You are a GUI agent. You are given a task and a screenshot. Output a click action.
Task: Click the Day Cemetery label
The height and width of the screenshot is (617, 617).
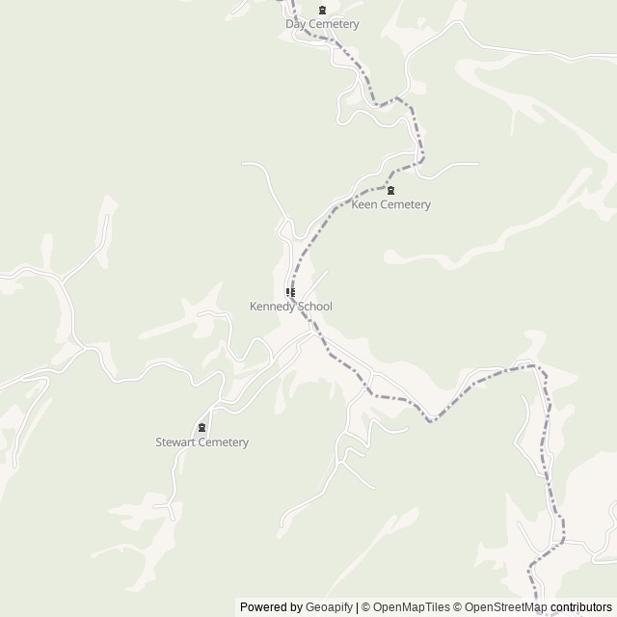322,24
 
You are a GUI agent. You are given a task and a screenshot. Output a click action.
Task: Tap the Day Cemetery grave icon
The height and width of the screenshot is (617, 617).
322,11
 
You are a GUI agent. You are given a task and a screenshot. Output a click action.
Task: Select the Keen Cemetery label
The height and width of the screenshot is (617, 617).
390,204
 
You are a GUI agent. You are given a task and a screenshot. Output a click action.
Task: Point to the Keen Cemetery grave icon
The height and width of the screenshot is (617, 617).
390,190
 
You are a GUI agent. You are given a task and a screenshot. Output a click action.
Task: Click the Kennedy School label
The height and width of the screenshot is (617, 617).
290,307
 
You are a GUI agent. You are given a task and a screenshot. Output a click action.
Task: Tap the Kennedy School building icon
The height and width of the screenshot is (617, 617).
290,292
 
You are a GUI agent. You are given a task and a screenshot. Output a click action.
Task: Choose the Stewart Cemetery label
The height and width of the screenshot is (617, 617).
201,443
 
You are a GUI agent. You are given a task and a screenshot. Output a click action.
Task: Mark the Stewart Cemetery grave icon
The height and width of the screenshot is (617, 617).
201,428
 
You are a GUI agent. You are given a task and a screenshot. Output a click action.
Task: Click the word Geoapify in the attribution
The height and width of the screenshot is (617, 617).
328,607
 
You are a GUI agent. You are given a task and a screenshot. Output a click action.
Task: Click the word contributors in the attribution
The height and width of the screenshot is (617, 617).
581,607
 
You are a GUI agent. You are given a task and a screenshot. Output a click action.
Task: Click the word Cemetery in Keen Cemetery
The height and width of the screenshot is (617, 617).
404,204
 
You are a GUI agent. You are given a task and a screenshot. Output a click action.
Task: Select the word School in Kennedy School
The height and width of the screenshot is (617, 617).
314,307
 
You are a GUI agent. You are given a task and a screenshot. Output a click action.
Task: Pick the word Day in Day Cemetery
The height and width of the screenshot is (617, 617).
295,24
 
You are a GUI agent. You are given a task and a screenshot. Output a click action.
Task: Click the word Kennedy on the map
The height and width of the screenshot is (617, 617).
272,307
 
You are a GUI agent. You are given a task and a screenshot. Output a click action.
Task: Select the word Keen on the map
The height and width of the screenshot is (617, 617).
363,204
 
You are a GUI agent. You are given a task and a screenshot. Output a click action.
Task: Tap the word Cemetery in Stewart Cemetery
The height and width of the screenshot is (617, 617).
223,443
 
